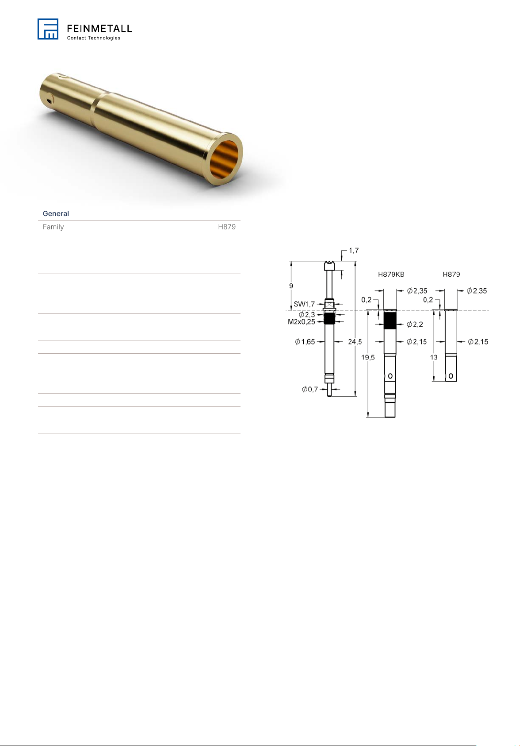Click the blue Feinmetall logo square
coord(48,29)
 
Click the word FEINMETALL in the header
coord(99,29)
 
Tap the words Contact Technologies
coord(93,38)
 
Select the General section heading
coord(56,213)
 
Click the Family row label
coord(53,227)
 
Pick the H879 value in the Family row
coord(227,227)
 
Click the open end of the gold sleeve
coord(225,159)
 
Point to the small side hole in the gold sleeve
coord(49,100)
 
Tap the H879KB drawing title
coord(391,274)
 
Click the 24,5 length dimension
coord(355,342)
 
